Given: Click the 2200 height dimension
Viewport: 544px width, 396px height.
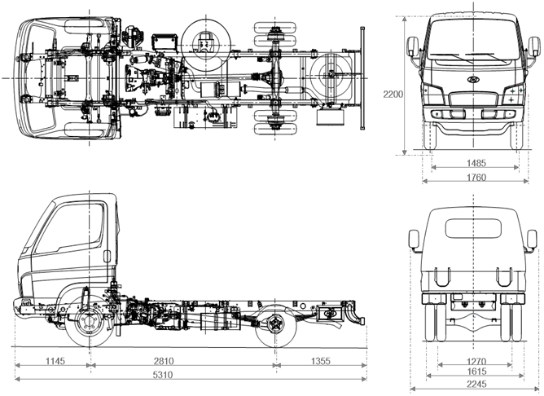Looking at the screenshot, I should point(393,95).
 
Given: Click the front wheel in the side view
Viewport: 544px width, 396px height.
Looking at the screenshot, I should point(89,322).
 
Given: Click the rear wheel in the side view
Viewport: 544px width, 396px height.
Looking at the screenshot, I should point(274,324).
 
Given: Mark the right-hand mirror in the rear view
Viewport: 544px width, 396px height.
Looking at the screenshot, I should point(531,240).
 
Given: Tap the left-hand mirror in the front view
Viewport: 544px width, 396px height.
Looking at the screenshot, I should point(412,46).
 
